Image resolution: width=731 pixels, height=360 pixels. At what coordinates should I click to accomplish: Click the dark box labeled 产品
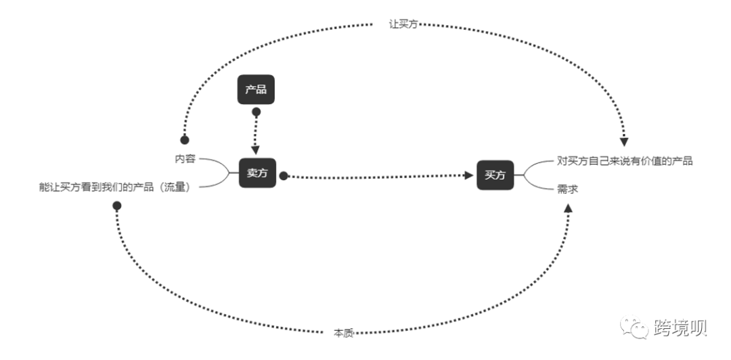256,89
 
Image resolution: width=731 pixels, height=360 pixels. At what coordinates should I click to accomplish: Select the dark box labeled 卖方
257,173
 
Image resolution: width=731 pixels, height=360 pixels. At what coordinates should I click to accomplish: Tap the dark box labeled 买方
495,175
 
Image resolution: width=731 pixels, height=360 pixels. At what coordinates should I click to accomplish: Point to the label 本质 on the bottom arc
344,334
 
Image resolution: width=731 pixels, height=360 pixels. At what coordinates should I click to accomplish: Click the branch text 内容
185,159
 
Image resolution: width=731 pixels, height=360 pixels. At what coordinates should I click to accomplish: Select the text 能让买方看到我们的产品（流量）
115,187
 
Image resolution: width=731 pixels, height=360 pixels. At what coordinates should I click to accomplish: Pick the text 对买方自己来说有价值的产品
625,161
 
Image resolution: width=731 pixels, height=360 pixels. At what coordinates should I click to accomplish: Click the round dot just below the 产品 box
256,112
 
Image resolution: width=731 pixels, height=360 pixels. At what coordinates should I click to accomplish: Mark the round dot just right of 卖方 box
284,176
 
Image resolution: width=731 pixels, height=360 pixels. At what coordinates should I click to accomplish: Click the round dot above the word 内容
185,140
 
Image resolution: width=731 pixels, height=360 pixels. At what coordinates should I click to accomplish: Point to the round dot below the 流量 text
117,206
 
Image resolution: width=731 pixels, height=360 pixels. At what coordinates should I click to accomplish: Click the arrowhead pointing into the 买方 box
469,175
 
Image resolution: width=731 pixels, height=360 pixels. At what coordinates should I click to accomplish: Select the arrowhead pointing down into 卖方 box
255,151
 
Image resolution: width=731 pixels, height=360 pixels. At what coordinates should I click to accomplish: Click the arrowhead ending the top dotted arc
624,142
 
